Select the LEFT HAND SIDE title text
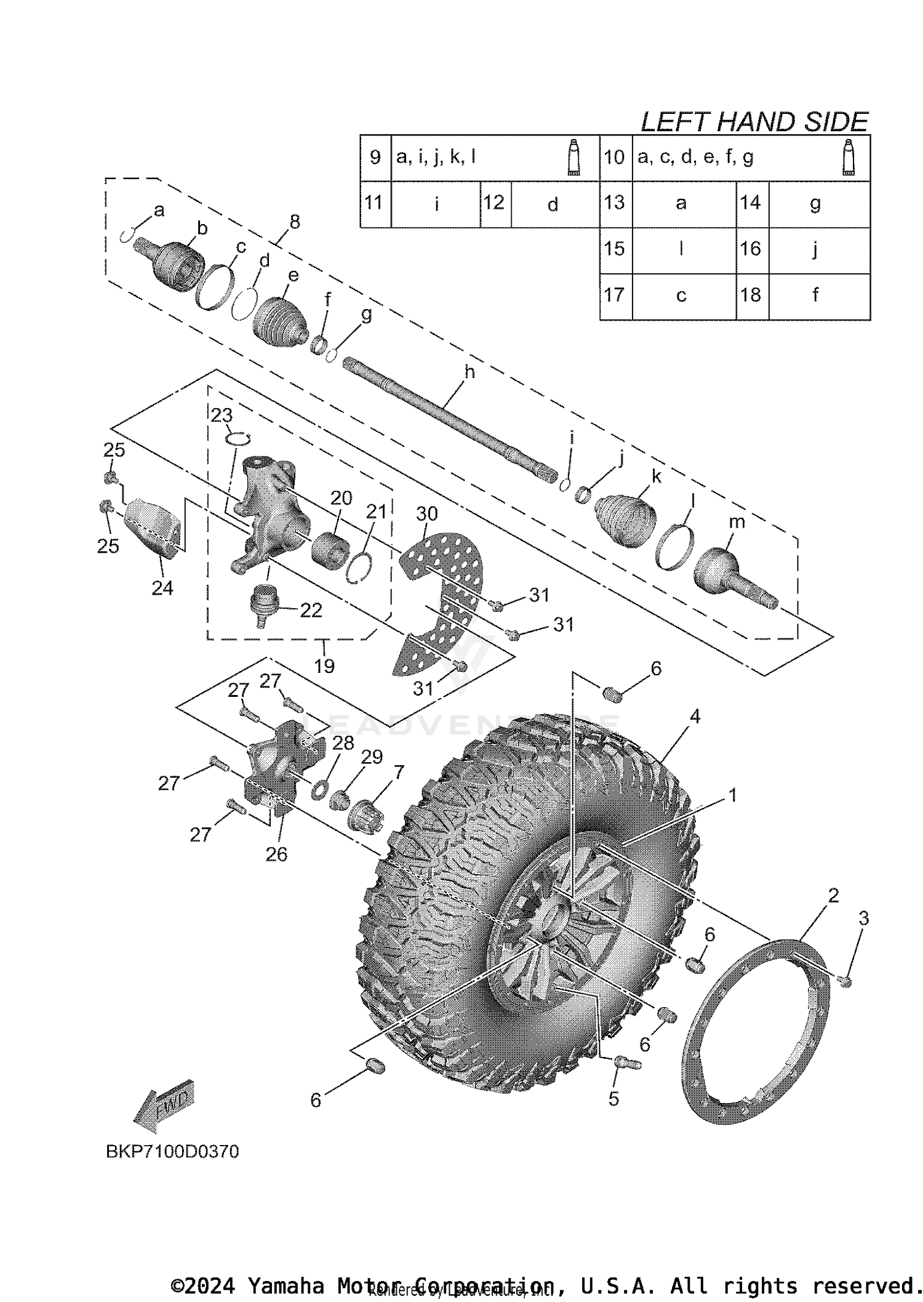pos(754,122)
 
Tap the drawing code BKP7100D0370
pos(172,1151)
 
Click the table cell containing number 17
pos(615,295)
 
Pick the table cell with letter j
pos(815,250)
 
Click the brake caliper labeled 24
pos(154,526)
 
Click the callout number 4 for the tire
pos(695,717)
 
